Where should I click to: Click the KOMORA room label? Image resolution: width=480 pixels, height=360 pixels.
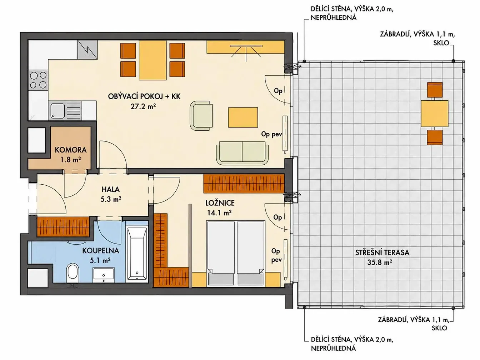(x=71, y=150)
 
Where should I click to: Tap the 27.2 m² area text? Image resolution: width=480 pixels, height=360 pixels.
(x=143, y=106)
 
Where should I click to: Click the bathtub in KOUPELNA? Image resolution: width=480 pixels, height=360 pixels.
(x=137, y=254)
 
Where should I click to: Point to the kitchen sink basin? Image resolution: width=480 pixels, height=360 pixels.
(x=58, y=111)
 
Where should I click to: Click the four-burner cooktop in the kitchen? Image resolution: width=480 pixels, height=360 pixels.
(x=38, y=80)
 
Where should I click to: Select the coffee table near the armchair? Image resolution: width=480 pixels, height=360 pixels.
(x=243, y=117)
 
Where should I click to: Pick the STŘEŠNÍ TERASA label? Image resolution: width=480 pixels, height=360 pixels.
(x=382, y=253)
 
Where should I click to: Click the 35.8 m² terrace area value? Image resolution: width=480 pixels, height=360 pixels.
(x=379, y=262)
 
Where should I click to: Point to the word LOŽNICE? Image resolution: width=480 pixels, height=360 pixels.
(x=220, y=203)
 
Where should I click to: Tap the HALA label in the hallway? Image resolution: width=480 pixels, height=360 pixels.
(x=111, y=189)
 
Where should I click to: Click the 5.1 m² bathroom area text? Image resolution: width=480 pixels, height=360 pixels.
(x=100, y=260)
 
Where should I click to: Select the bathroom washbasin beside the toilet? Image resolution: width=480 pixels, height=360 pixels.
(x=104, y=275)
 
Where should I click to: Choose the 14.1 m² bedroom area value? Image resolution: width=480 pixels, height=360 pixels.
(x=219, y=212)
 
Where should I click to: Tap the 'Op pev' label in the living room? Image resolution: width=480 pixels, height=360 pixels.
(x=271, y=134)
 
